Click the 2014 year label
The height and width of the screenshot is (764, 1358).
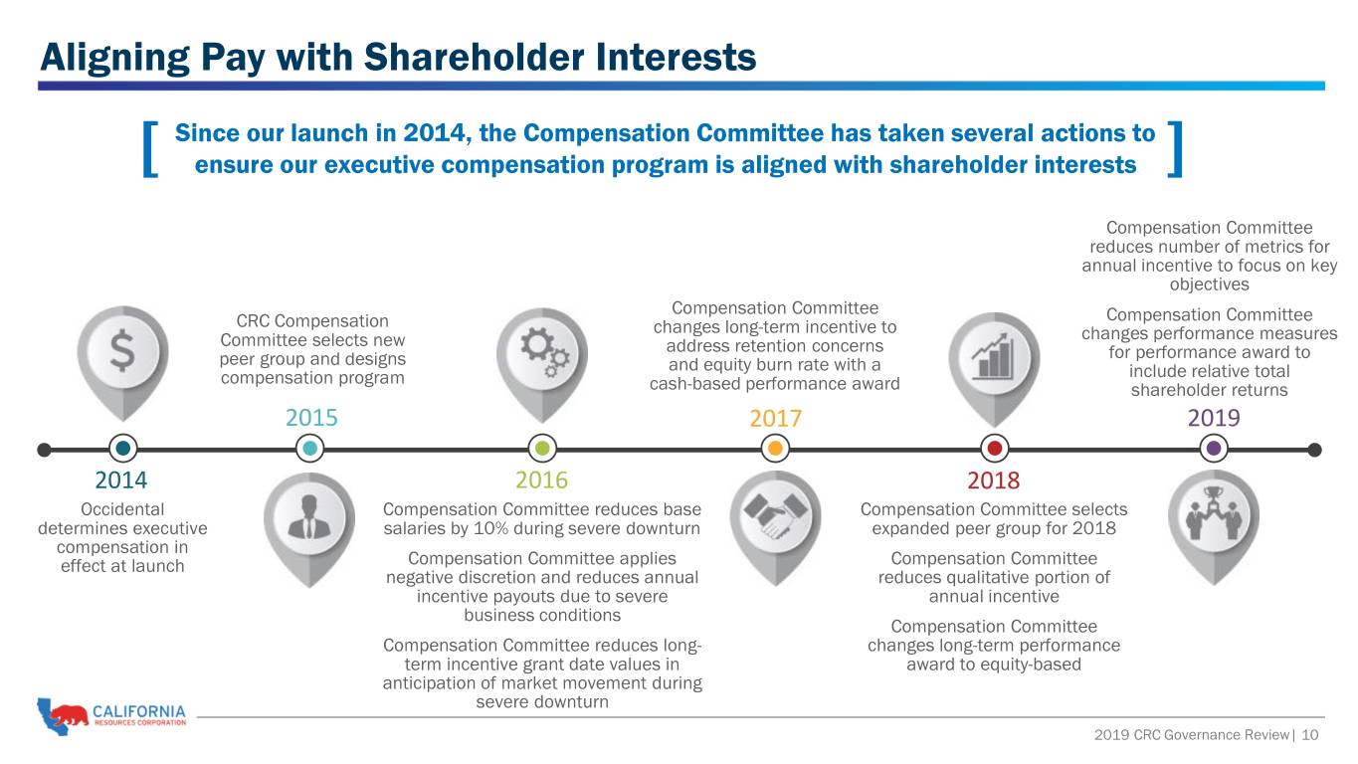click(x=121, y=480)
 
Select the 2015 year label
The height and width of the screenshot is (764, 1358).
click(x=311, y=418)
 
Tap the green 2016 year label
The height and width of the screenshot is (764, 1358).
click(x=541, y=480)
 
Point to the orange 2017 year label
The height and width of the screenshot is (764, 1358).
click(x=775, y=419)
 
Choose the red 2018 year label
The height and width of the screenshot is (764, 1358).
click(x=994, y=480)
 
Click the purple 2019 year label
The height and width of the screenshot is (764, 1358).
click(x=1214, y=418)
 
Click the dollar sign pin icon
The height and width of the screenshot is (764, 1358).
click(x=123, y=362)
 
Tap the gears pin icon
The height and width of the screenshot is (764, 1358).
click(x=542, y=365)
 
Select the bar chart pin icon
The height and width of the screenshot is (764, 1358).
click(x=994, y=369)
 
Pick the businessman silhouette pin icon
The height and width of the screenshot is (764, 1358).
click(x=309, y=530)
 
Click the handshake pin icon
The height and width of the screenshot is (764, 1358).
click(x=775, y=528)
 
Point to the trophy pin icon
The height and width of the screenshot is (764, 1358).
click(x=1214, y=527)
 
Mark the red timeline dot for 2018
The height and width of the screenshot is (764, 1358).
click(x=994, y=449)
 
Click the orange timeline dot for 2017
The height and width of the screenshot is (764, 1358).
click(x=775, y=449)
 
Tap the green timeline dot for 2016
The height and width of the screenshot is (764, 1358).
click(x=542, y=449)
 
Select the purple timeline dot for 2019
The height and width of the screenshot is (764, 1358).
click(x=1214, y=449)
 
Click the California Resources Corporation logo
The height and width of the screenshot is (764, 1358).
click(x=111, y=715)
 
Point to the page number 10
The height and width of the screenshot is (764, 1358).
click(x=1310, y=735)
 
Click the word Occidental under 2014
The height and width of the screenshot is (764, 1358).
click(x=122, y=509)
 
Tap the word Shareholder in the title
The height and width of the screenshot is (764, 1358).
click(x=475, y=58)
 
